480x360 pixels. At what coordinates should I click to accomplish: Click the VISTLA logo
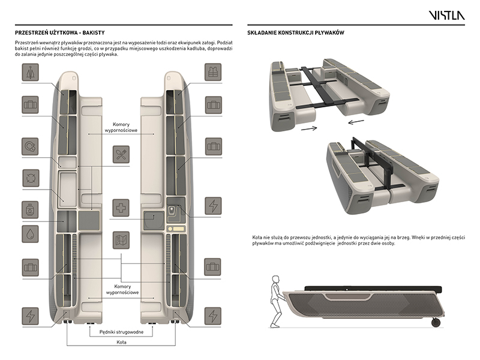pos(446,15)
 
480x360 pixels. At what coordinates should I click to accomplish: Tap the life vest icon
pos(214,73)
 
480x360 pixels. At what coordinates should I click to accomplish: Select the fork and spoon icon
pos(121,154)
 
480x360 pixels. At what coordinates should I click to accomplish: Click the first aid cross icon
pos(121,208)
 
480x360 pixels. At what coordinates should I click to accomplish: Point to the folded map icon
pos(121,240)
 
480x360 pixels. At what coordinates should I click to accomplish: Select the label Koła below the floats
pos(121,343)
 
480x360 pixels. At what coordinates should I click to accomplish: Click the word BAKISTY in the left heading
pos(104,32)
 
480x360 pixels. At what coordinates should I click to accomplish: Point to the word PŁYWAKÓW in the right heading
pos(327,32)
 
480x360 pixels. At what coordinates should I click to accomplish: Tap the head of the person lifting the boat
pos(275,280)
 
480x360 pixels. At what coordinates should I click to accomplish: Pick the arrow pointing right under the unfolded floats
pos(310,128)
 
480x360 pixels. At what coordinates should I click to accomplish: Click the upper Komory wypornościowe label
pos(121,128)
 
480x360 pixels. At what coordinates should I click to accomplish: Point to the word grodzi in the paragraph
pos(104,50)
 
